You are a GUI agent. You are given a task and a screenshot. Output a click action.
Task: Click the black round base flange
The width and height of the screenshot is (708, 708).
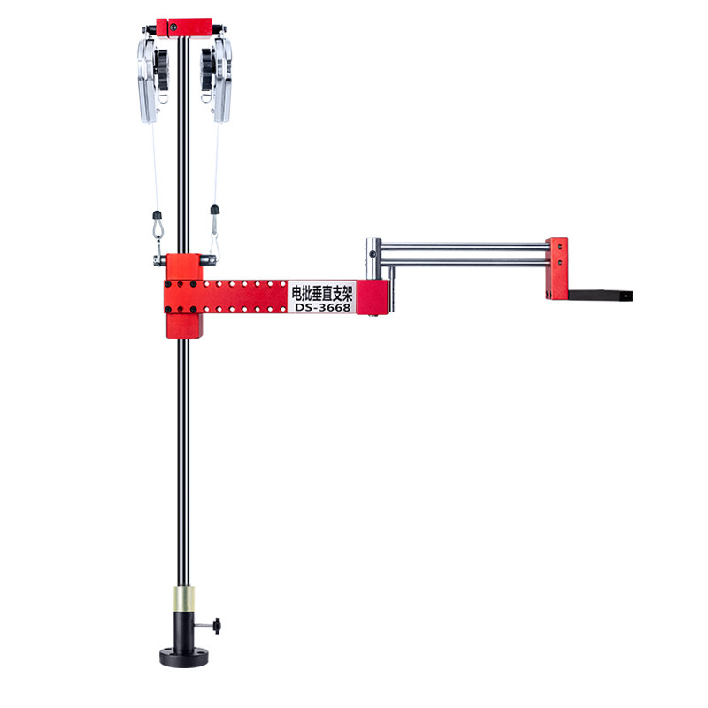[184, 658]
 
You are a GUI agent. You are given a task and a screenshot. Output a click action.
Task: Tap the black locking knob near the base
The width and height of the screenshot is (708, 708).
[217, 626]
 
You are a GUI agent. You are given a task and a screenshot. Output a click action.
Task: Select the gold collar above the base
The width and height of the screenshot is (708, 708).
[184, 599]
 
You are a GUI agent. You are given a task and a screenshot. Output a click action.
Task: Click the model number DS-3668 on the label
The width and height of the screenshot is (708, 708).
[322, 307]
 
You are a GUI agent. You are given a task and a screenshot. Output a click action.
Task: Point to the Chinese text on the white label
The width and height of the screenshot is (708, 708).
[322, 293]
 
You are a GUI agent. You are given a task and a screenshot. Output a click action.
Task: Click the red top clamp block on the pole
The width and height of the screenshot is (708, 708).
[184, 27]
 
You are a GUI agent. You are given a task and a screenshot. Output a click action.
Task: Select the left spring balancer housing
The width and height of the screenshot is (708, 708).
[147, 81]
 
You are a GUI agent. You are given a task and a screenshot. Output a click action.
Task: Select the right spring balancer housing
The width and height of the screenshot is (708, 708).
[223, 80]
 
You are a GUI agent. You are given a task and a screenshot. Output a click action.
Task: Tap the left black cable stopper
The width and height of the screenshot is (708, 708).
[158, 215]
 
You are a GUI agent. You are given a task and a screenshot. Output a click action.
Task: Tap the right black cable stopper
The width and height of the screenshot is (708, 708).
[215, 210]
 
